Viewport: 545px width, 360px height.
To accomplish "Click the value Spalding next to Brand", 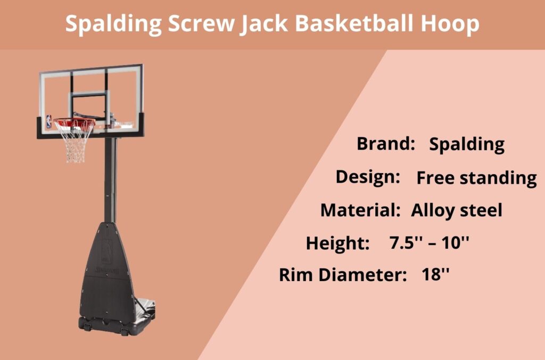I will [467, 144].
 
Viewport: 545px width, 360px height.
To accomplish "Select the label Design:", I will [368, 177].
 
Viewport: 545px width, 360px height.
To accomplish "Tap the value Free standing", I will [476, 178].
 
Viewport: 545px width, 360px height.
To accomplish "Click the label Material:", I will [360, 210].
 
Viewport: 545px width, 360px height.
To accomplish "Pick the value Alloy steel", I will [457, 210].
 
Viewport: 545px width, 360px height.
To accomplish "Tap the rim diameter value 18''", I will [435, 275].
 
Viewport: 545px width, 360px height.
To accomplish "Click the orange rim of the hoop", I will [74, 122].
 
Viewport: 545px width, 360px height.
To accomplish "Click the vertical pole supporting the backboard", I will [110, 181].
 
